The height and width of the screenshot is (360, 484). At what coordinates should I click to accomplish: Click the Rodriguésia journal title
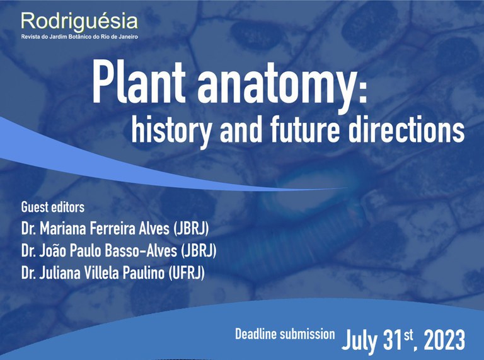pos(79,21)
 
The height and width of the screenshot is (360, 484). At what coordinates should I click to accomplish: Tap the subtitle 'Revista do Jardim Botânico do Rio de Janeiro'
pos(79,37)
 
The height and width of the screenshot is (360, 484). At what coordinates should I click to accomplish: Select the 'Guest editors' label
pos(53,207)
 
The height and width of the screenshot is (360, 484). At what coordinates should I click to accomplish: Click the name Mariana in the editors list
pos(70,229)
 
